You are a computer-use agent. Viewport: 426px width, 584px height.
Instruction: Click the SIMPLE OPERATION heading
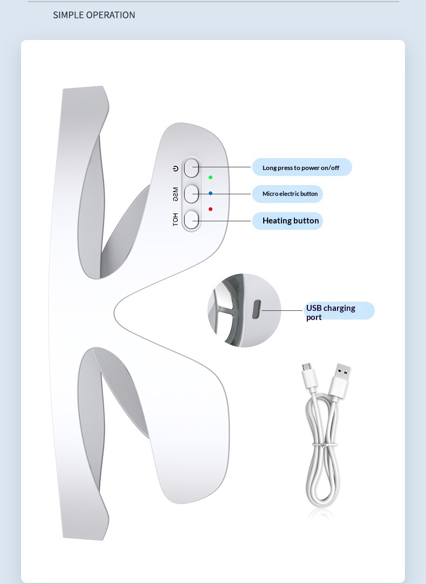(x=94, y=15)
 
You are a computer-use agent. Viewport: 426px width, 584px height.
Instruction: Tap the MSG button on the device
(x=191, y=194)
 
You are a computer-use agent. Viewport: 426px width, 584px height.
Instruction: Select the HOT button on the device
(x=191, y=220)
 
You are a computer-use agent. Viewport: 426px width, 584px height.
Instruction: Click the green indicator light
(x=211, y=177)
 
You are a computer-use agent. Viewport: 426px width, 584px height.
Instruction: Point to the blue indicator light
(x=211, y=193)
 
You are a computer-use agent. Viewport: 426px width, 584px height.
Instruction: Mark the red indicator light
(x=211, y=209)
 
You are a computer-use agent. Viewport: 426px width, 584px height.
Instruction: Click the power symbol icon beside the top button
(x=176, y=168)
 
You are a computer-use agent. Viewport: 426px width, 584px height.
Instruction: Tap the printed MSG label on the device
(x=176, y=194)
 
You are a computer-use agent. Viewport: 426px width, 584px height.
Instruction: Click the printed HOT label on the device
(x=176, y=220)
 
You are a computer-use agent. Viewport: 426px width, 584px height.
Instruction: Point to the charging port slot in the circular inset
(x=256, y=310)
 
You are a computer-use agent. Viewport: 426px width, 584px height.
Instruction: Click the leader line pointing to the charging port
(x=282, y=310)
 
